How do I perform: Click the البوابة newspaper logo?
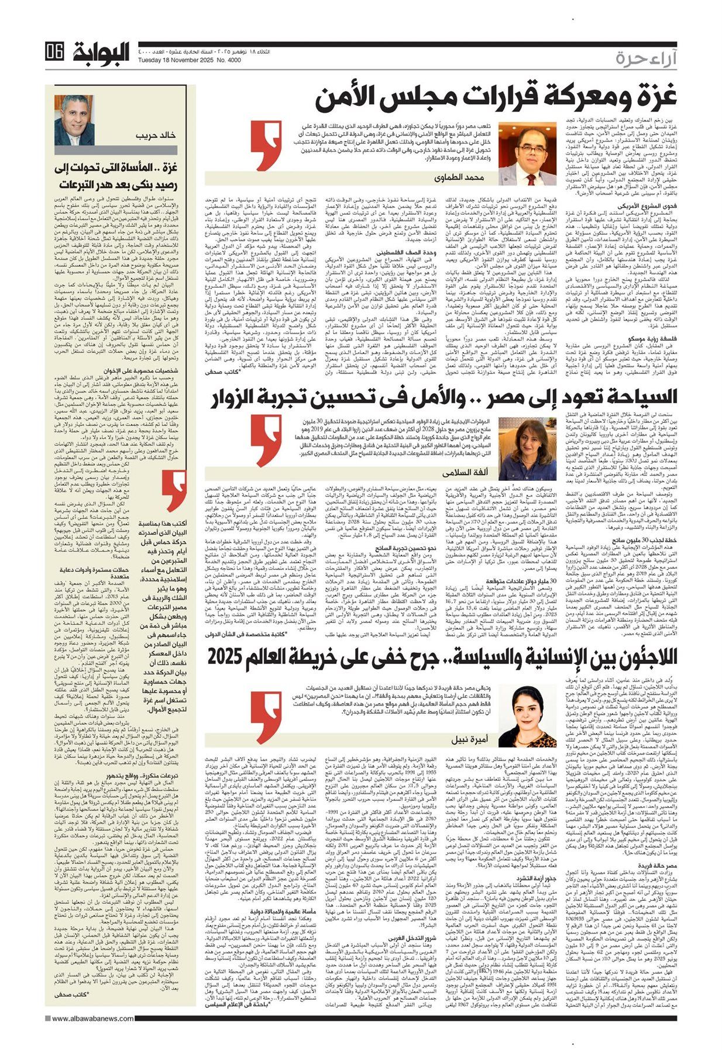click(x=101, y=53)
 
